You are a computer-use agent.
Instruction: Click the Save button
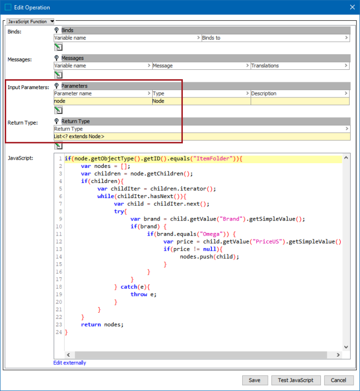click(x=255, y=380)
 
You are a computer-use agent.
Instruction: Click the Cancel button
click(x=339, y=380)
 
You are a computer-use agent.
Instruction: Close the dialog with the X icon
click(x=352, y=7)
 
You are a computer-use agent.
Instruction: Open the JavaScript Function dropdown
click(x=30, y=21)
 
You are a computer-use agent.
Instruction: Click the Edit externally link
click(x=70, y=363)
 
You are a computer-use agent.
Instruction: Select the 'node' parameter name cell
click(x=103, y=101)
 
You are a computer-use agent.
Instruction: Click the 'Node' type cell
click(x=201, y=101)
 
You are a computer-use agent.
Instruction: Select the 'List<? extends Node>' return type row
click(x=202, y=137)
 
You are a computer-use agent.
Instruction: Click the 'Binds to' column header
click(x=276, y=38)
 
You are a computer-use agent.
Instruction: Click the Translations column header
click(x=300, y=66)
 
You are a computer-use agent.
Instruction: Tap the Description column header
click(x=300, y=93)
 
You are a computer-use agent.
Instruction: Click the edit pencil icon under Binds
click(x=58, y=47)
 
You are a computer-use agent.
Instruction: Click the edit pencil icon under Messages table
click(x=58, y=75)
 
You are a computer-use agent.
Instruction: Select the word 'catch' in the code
click(x=129, y=287)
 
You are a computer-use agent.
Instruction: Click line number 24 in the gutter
click(x=59, y=332)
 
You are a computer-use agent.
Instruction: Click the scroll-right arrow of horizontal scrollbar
click(x=338, y=355)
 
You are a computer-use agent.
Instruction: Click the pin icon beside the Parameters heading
click(x=57, y=86)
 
